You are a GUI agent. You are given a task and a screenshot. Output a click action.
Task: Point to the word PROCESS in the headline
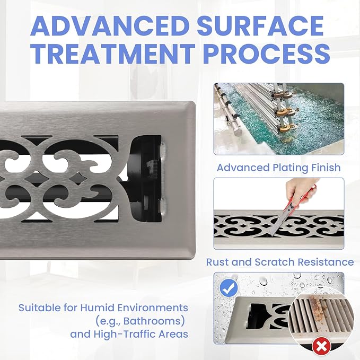[267, 54]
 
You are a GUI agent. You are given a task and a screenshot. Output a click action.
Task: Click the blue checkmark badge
[229, 288]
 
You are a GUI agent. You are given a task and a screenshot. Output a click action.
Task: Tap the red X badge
[321, 346]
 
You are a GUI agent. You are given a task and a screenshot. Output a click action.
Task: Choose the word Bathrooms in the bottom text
[154, 321]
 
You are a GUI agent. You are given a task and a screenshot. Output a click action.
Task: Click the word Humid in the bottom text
[97, 308]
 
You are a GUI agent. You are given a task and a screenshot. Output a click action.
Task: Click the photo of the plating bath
[279, 119]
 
